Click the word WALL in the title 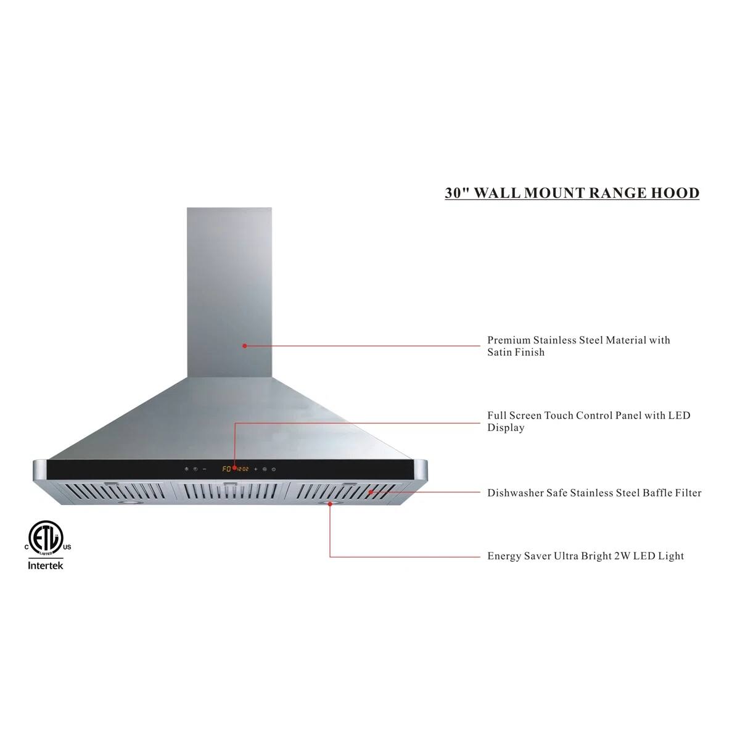pyautogui.click(x=496, y=193)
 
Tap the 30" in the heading pyautogui.click(x=458, y=193)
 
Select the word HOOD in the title pyautogui.click(x=675, y=193)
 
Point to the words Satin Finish pyautogui.click(x=516, y=353)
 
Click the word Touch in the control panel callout pyautogui.click(x=559, y=416)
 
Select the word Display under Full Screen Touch pyautogui.click(x=506, y=428)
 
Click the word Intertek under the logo pyautogui.click(x=46, y=565)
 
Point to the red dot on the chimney pyautogui.click(x=245, y=346)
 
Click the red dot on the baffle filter pyautogui.click(x=371, y=492)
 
